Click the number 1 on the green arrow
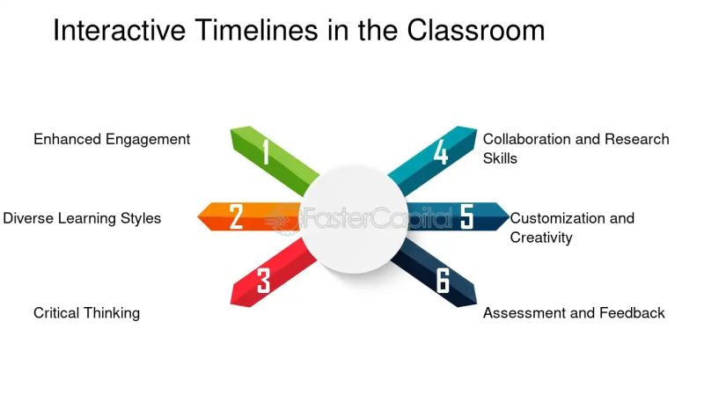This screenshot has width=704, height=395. tap(265, 152)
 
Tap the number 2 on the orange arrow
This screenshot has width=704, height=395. tap(236, 216)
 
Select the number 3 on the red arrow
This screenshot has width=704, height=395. tap(263, 282)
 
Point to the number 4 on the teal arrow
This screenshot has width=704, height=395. tap(441, 152)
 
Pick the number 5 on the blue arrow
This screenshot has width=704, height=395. tap(467, 216)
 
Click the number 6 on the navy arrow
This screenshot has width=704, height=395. tap(443, 282)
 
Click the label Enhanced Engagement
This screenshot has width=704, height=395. tap(112, 139)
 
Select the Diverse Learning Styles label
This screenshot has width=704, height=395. tap(82, 218)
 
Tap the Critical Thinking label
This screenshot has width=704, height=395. tap(86, 313)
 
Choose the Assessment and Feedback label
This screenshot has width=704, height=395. tap(574, 313)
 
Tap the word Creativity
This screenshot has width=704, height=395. tap(541, 238)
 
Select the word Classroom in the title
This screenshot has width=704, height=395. tap(476, 30)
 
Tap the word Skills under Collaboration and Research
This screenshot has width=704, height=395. tap(500, 158)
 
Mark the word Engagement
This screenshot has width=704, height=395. tap(148, 139)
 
